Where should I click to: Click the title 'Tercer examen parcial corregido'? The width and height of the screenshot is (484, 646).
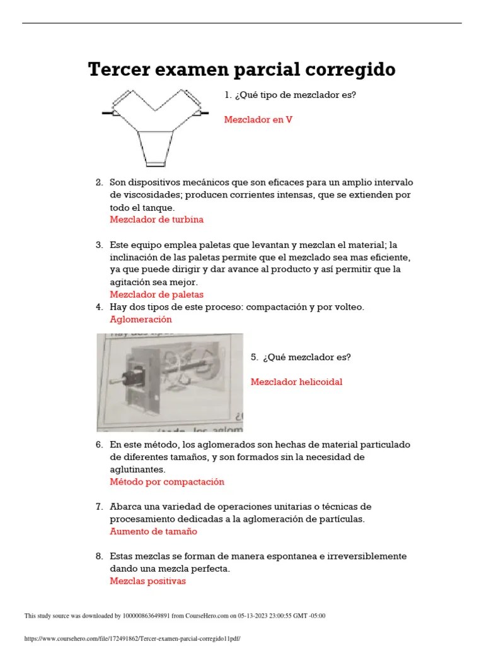(x=241, y=69)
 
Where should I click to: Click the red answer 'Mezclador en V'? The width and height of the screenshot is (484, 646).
(x=258, y=119)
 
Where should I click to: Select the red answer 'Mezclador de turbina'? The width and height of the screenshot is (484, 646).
(x=157, y=220)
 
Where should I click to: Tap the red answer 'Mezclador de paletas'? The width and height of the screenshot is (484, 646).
(x=157, y=295)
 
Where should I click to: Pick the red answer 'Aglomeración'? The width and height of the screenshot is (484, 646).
(x=141, y=319)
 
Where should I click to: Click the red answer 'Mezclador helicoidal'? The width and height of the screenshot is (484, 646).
(x=296, y=382)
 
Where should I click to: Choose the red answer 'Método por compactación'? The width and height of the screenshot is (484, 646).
(x=167, y=481)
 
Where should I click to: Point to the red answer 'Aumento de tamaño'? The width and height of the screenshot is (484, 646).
(x=153, y=531)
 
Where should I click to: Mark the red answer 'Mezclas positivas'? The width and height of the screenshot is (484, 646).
(x=147, y=581)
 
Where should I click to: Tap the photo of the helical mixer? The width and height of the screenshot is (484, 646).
(x=170, y=382)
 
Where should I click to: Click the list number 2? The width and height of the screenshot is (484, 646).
(x=99, y=182)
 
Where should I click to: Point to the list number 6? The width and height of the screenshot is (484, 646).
(x=99, y=444)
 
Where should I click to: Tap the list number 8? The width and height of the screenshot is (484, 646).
(x=99, y=556)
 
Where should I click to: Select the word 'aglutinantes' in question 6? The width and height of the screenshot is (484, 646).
(x=137, y=469)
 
